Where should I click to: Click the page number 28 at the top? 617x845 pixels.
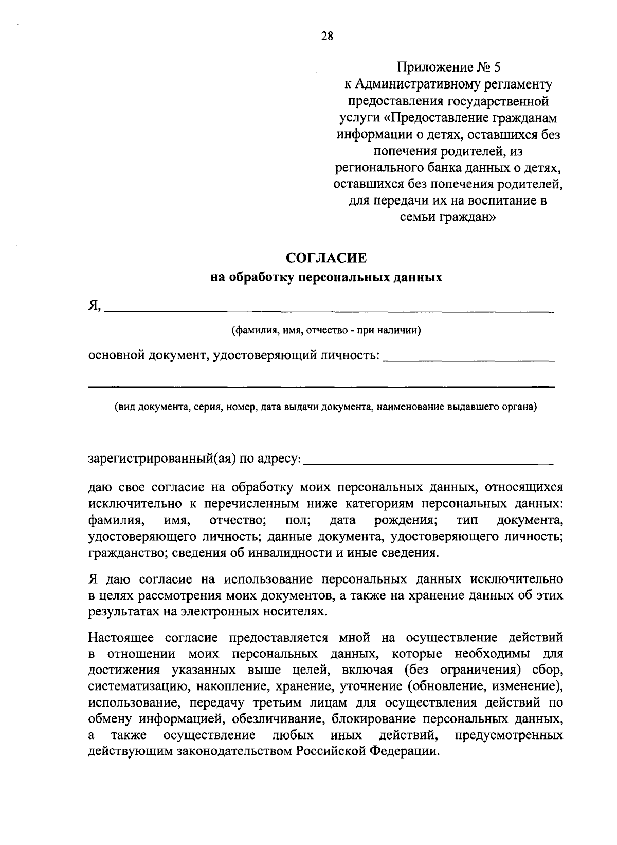coord(327,36)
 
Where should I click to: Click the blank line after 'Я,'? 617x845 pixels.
coord(329,309)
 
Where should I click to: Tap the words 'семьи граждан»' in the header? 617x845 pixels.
coord(448,217)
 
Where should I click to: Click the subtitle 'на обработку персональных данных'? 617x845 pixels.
coord(326,278)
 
